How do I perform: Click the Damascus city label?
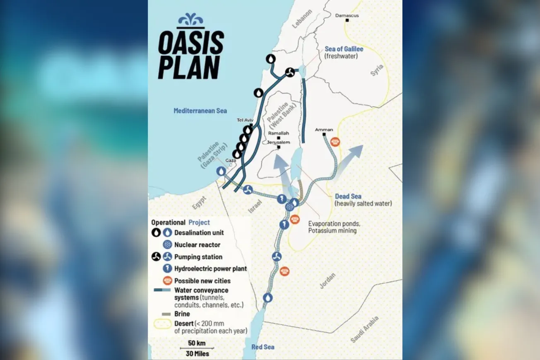click(347, 16)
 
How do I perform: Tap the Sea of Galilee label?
click(344, 49)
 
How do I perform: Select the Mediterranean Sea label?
click(200, 111)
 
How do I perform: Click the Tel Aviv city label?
click(244, 120)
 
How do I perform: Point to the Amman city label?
click(324, 130)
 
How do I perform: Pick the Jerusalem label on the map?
click(278, 142)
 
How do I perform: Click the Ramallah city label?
click(278, 133)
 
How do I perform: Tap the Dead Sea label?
click(348, 196)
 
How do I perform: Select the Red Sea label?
click(263, 347)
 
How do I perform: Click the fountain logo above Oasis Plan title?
click(190, 20)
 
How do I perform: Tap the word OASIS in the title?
click(191, 43)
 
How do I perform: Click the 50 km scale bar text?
click(197, 343)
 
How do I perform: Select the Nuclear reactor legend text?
click(197, 245)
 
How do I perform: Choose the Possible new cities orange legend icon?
click(167, 280)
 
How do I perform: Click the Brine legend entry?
click(182, 314)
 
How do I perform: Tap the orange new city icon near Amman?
click(335, 142)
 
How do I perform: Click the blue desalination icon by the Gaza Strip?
click(222, 171)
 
